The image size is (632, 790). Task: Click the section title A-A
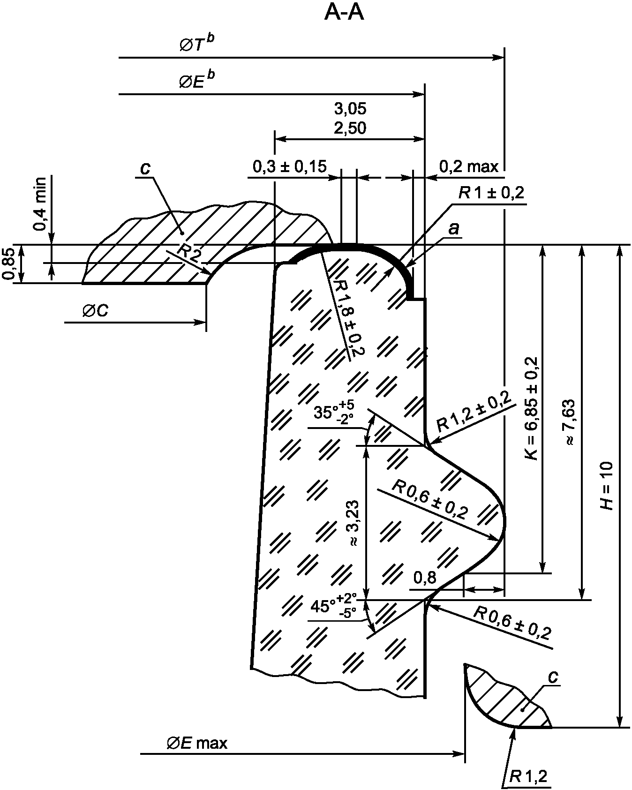(344, 13)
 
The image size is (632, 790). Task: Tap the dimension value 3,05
(350, 109)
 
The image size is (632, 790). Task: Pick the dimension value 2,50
(350, 128)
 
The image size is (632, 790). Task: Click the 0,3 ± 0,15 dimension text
(290, 166)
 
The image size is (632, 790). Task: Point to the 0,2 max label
(469, 166)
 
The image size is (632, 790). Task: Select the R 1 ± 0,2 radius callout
(492, 193)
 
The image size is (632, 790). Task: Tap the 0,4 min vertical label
(41, 204)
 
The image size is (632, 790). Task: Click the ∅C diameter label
(95, 310)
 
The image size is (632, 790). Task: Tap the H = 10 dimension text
(607, 485)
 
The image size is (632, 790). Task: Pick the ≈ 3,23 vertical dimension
(353, 523)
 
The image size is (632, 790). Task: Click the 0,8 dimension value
(425, 578)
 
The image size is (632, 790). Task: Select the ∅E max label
(197, 743)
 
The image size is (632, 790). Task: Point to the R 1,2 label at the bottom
(528, 777)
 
